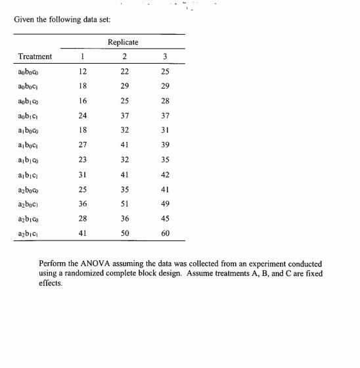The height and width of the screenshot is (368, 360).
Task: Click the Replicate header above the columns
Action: coord(123,43)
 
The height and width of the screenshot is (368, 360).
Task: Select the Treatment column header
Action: coord(35,57)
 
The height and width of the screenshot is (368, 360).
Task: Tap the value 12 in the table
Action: coord(83,71)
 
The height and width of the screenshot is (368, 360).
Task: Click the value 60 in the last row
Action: coord(165,233)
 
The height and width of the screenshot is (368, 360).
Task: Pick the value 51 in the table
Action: coord(125,204)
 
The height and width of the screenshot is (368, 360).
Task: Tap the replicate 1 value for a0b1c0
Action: coord(83,101)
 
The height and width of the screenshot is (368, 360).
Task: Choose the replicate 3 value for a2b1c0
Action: coord(165,219)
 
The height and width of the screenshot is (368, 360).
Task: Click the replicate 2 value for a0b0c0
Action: coord(125,71)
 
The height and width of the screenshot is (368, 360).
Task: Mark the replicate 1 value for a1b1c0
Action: coord(83,160)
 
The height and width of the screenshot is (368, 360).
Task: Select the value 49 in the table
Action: coord(165,204)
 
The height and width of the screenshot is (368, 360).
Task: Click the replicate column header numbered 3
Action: coord(165,57)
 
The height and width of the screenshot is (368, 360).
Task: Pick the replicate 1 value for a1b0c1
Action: coord(83,145)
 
